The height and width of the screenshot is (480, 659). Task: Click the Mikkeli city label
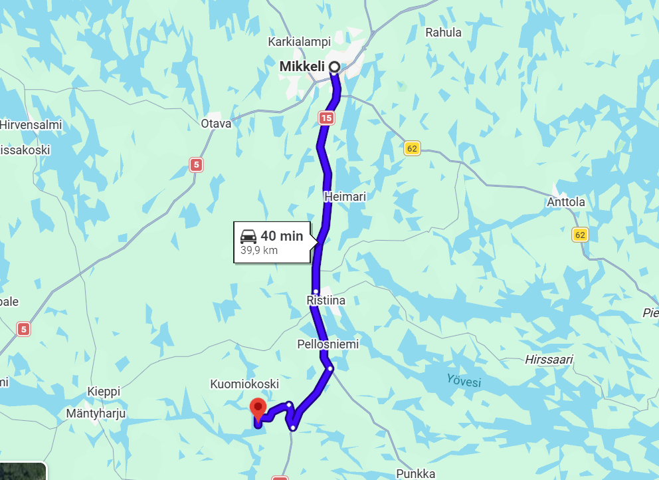(302, 66)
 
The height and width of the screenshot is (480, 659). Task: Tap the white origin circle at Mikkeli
(334, 66)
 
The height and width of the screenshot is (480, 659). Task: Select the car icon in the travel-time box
(248, 236)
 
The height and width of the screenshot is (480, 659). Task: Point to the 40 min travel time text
(282, 236)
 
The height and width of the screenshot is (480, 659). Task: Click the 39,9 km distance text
(259, 251)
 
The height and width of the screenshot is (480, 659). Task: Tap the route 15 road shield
(326, 118)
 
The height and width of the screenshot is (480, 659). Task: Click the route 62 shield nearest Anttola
(581, 234)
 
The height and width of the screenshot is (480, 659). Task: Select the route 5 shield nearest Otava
(195, 164)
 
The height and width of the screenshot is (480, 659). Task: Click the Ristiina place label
(326, 300)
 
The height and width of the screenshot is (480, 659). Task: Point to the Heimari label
(345, 197)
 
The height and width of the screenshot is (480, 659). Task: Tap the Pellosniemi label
(328, 344)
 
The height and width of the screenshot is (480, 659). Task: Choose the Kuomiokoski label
(244, 384)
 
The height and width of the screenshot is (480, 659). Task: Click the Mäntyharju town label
(96, 414)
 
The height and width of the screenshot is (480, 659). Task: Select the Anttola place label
(566, 201)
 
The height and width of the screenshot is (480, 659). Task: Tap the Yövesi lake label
(464, 381)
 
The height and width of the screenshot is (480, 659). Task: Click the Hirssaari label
(549, 360)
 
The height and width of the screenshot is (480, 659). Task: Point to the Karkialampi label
(299, 42)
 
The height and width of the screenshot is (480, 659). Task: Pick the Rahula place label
(443, 33)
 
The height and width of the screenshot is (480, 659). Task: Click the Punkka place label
(415, 473)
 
